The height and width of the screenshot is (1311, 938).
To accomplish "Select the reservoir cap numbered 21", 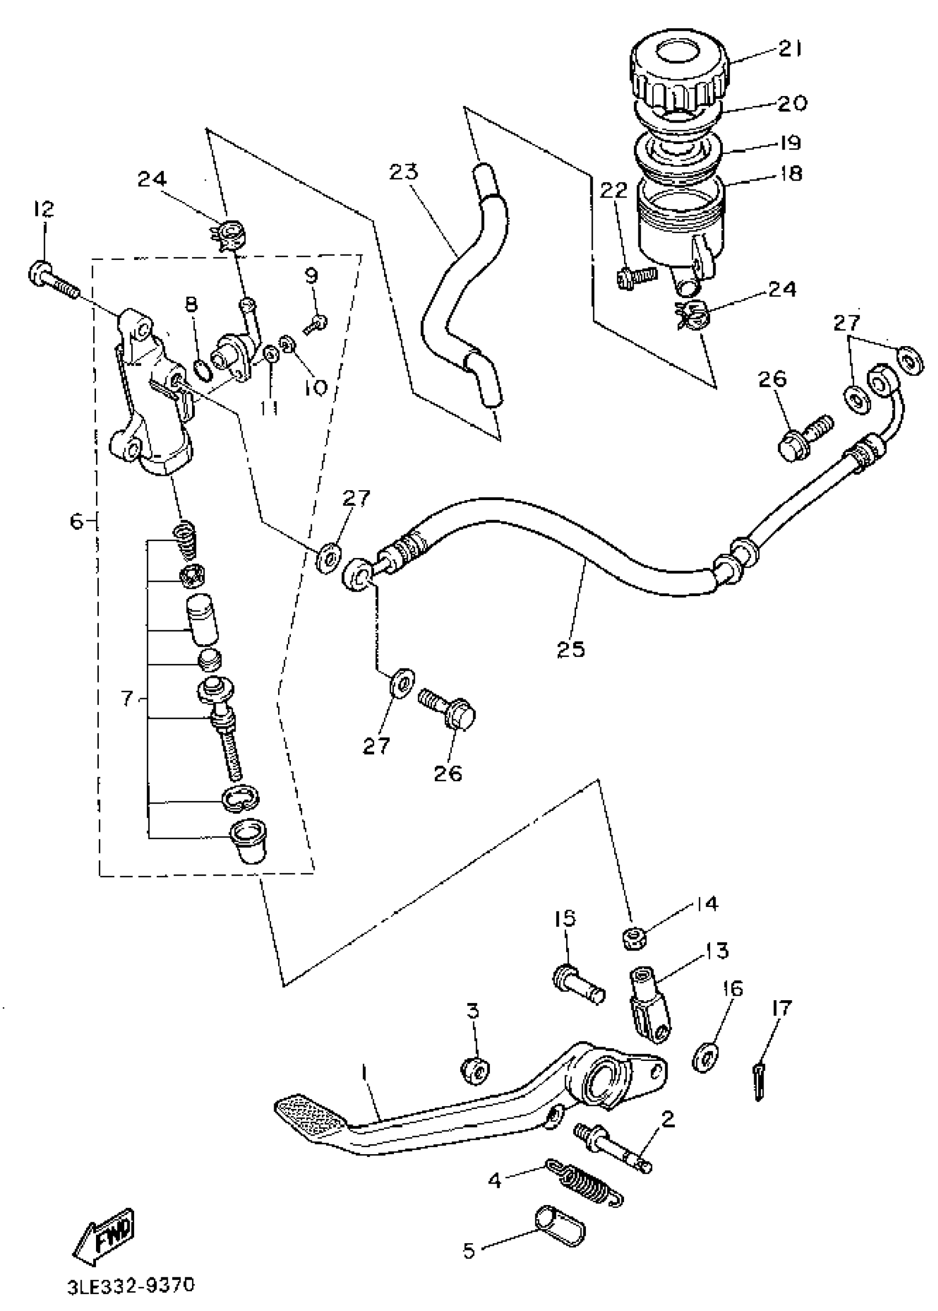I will [678, 72].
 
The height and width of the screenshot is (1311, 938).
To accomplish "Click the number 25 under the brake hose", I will [571, 648].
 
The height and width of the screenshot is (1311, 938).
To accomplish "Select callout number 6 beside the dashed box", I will [77, 522].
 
